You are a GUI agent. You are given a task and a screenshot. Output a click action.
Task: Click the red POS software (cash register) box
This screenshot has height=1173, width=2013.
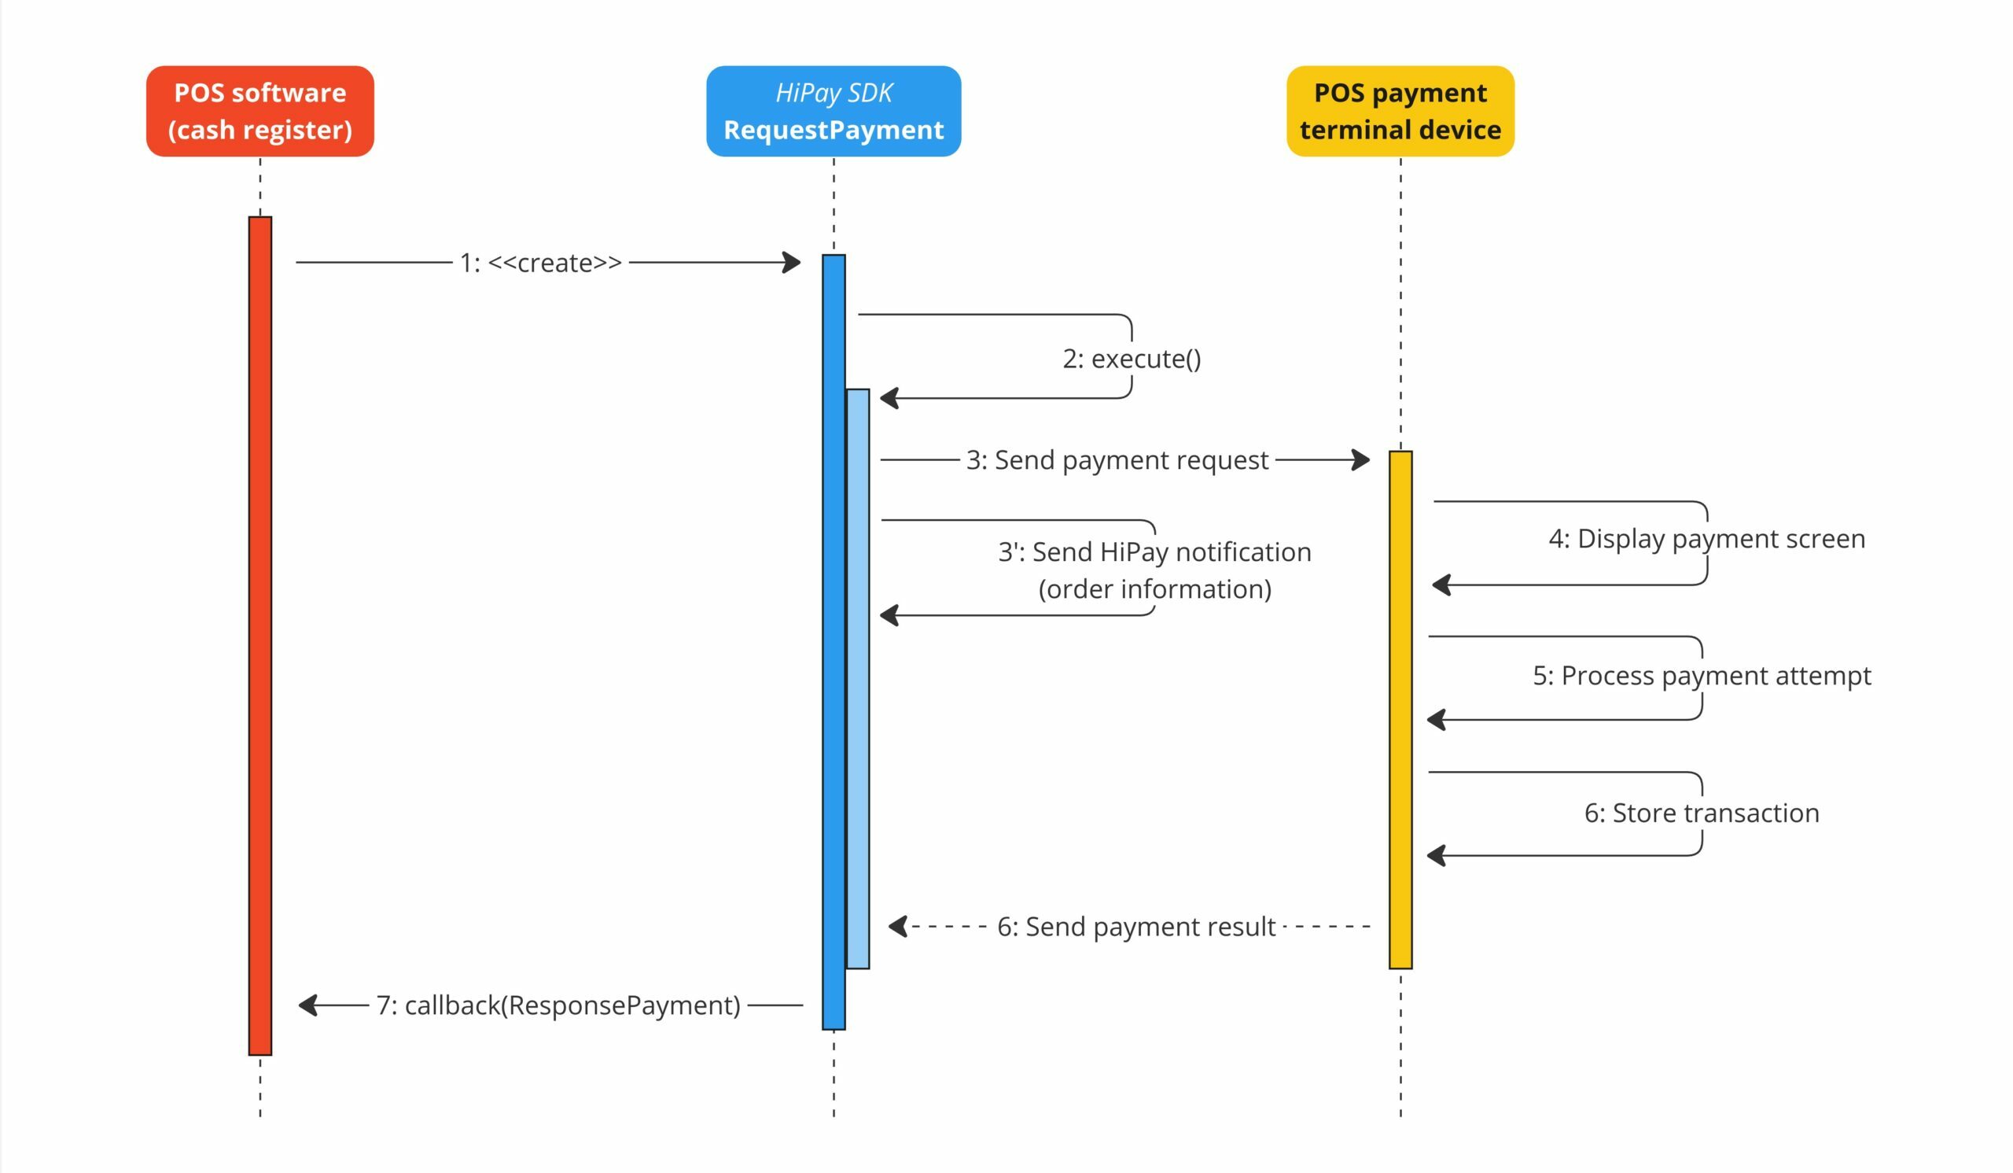point(259,111)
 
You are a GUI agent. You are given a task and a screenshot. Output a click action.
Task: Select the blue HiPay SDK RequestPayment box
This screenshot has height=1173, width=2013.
point(834,111)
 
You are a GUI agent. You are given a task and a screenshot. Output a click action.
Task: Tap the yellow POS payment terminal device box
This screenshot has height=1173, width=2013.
point(1400,111)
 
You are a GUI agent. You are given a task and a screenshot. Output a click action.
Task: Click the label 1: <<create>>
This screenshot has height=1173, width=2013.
point(541,263)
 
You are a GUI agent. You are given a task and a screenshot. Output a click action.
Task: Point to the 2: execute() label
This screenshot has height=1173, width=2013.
point(1131,359)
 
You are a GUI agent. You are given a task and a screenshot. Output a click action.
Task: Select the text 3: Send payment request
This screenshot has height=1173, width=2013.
point(1117,460)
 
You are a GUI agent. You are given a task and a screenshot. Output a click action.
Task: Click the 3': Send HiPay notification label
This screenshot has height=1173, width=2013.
point(1154,552)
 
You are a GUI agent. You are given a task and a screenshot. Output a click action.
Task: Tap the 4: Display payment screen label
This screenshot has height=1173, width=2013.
point(1706,540)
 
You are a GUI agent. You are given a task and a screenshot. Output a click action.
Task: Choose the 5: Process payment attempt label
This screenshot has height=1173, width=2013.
point(1702,676)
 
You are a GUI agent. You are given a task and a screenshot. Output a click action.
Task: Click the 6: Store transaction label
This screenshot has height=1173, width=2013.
point(1702,813)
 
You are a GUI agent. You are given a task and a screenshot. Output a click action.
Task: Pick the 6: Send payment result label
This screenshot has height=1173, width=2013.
point(1136,927)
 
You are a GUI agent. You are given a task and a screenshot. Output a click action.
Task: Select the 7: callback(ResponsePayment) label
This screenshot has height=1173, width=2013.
point(558,1005)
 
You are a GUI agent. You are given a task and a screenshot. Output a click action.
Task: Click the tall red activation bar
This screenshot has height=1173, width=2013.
point(259,635)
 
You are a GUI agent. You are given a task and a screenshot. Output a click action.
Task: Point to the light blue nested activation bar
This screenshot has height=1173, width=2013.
point(857,678)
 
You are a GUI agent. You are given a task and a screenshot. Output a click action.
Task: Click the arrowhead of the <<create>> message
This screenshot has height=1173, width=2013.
point(793,262)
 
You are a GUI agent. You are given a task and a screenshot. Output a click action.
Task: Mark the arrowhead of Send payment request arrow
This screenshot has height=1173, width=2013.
point(1361,459)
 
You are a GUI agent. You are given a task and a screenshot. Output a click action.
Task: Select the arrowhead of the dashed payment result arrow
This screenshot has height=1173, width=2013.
point(898,927)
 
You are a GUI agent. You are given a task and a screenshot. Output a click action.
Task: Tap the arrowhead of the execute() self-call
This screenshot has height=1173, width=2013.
point(889,398)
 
